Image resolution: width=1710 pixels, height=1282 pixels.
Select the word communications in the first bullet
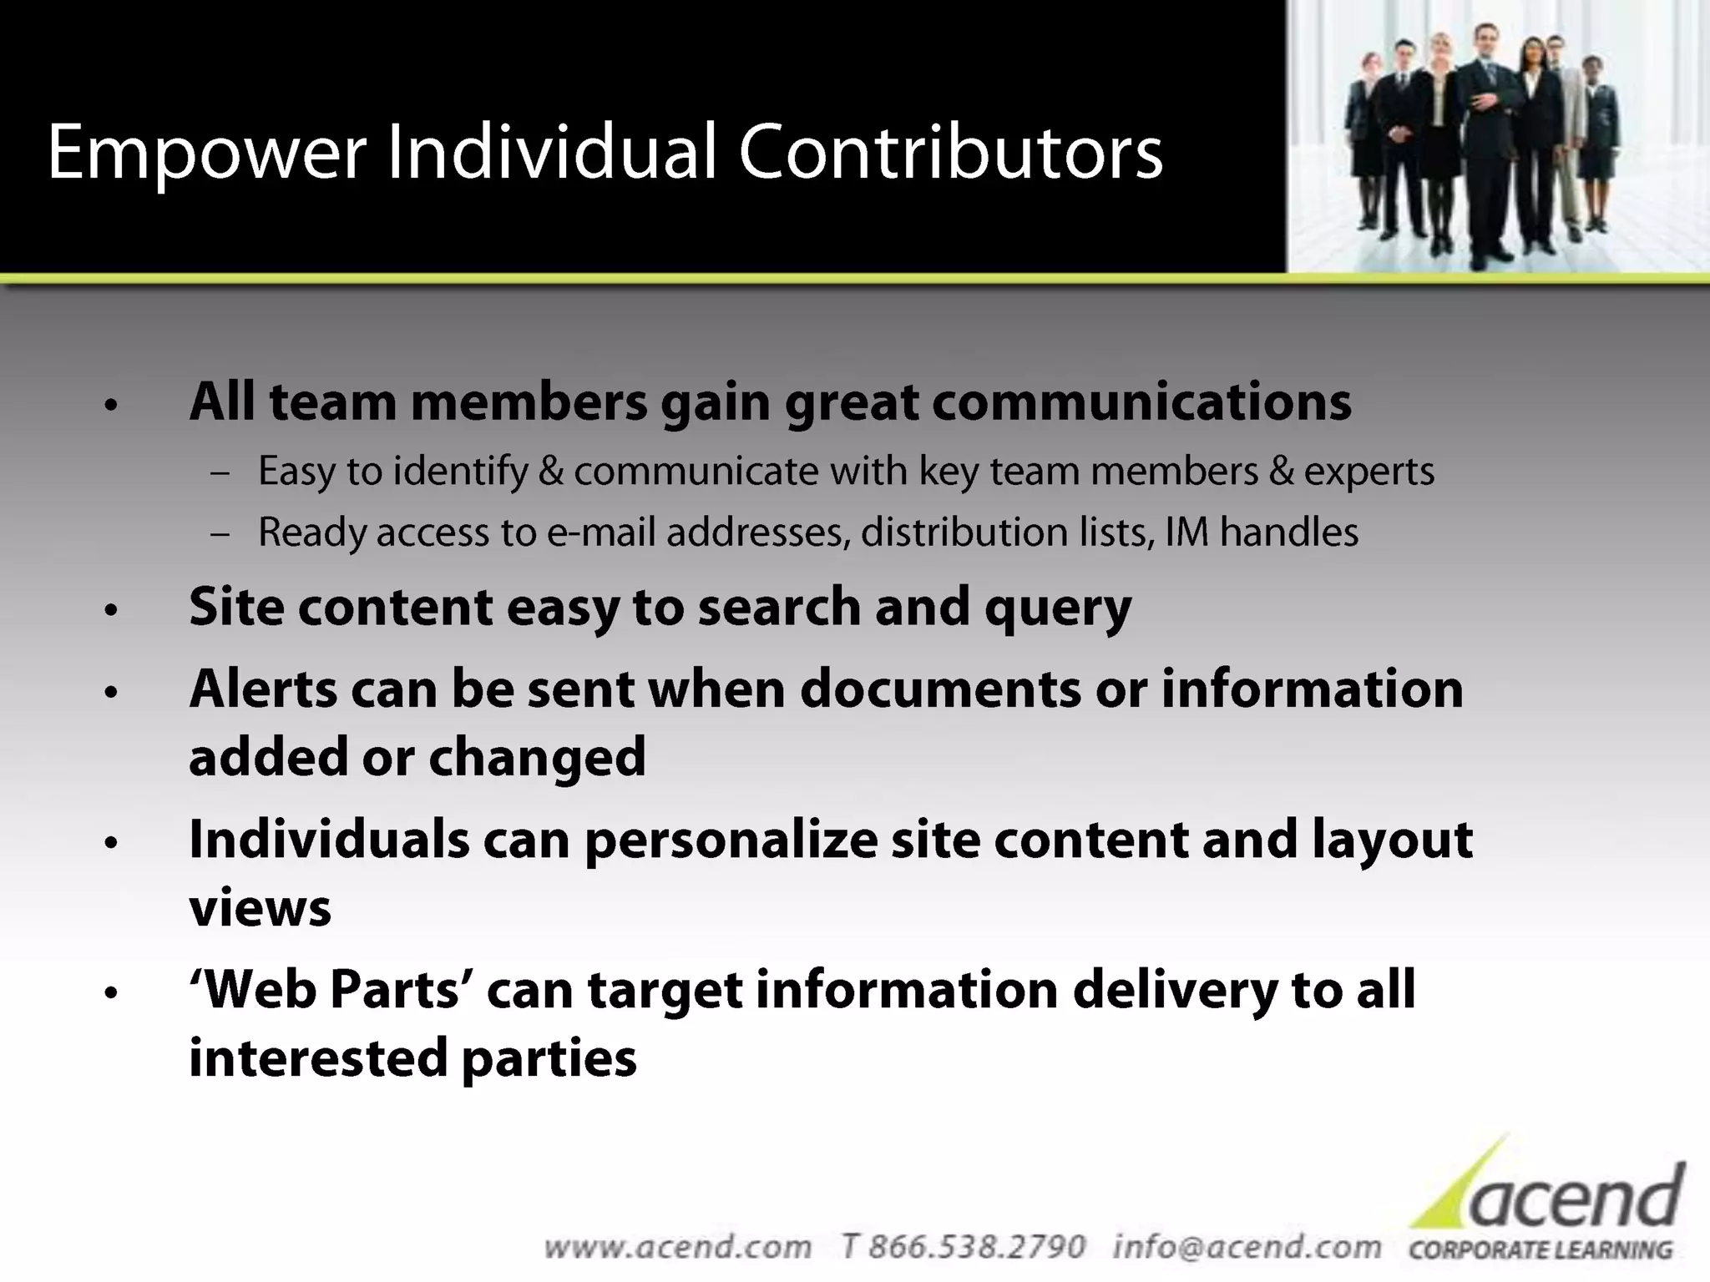coord(1141,402)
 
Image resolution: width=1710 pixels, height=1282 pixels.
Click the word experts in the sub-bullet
coord(1369,472)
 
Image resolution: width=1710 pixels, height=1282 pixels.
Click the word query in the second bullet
coord(1058,608)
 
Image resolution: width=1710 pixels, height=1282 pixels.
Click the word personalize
coord(731,840)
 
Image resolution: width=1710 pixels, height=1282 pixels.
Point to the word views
coord(260,908)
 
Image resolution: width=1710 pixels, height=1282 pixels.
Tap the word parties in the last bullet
coord(549,1058)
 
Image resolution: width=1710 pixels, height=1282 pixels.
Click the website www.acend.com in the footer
coord(677,1247)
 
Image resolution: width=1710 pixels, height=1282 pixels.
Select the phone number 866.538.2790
coord(976,1247)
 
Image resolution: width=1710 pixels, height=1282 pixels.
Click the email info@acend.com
coord(1247,1247)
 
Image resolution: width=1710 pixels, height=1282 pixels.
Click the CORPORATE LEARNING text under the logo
coord(1541,1250)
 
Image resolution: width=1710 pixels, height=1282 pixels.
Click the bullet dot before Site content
coord(112,611)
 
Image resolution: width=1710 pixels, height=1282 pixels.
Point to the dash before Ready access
coord(220,533)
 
